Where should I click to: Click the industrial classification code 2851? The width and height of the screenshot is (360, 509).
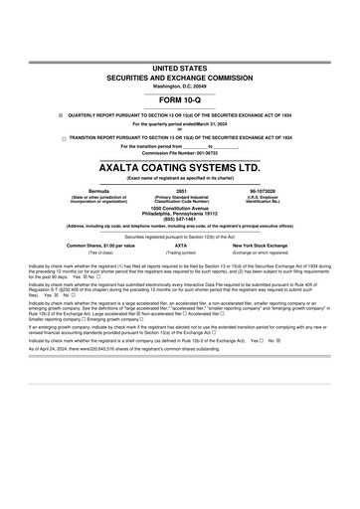180,189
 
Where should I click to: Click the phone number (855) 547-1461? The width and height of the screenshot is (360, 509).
180,218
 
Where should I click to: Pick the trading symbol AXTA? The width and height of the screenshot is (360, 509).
180,245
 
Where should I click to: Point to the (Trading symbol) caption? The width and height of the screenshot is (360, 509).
180,253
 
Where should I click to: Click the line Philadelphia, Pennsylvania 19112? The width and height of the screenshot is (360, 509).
180,213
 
